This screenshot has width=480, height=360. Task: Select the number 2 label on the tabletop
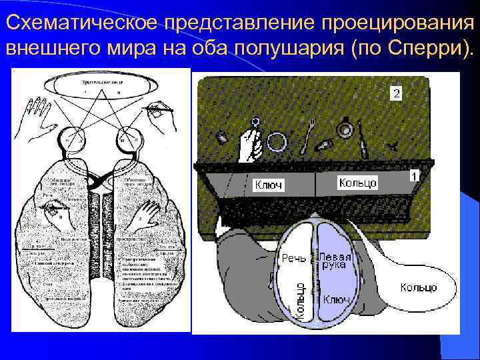pos(397,94)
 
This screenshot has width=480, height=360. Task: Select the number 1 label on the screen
pos(414,176)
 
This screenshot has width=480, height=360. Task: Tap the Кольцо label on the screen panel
pos(358,182)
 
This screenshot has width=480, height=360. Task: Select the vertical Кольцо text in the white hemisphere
pos(301,301)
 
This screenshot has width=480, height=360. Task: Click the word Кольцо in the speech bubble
pos(419,287)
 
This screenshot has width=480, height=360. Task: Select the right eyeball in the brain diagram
pos(126,140)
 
